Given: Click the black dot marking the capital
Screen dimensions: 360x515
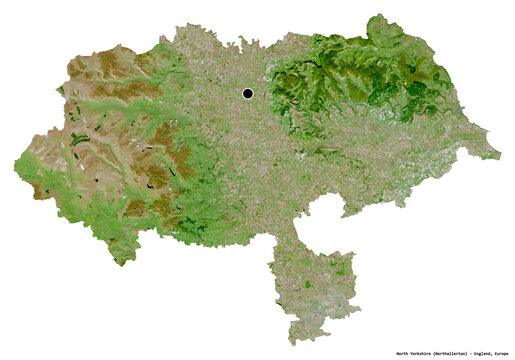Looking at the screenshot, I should pyautogui.click(x=247, y=94).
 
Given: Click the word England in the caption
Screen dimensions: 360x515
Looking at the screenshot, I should pyautogui.click(x=479, y=353).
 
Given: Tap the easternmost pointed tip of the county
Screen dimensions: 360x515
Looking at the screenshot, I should pyautogui.click(x=500, y=156).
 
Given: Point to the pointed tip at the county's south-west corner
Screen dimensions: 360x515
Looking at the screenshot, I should pyautogui.click(x=122, y=263).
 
